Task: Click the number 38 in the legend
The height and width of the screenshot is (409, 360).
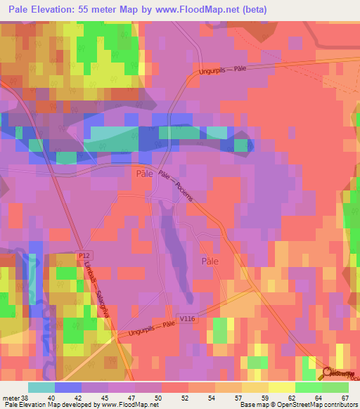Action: point(26,398)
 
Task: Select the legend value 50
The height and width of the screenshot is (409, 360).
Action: point(162,398)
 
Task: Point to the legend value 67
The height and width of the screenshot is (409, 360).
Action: point(344,398)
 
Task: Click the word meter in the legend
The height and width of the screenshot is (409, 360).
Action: point(11,398)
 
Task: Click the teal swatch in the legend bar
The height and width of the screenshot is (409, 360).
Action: point(41,387)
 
